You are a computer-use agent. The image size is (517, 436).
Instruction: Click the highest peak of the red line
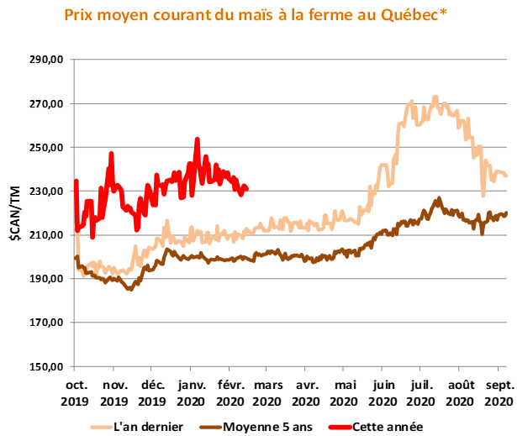point(197,139)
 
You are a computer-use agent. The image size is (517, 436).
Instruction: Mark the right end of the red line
point(246,189)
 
